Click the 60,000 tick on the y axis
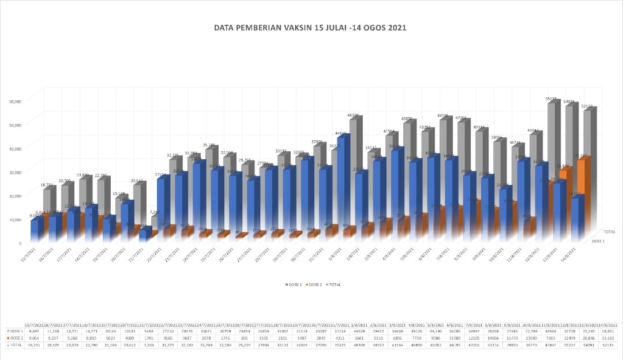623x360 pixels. tap(15, 102)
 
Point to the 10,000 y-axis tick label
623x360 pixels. tap(15, 219)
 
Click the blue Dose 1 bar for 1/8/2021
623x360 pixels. tap(341, 185)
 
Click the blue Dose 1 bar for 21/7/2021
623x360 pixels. tap(145, 234)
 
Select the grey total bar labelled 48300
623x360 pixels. tap(355, 167)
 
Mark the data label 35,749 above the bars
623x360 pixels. tap(209, 145)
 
